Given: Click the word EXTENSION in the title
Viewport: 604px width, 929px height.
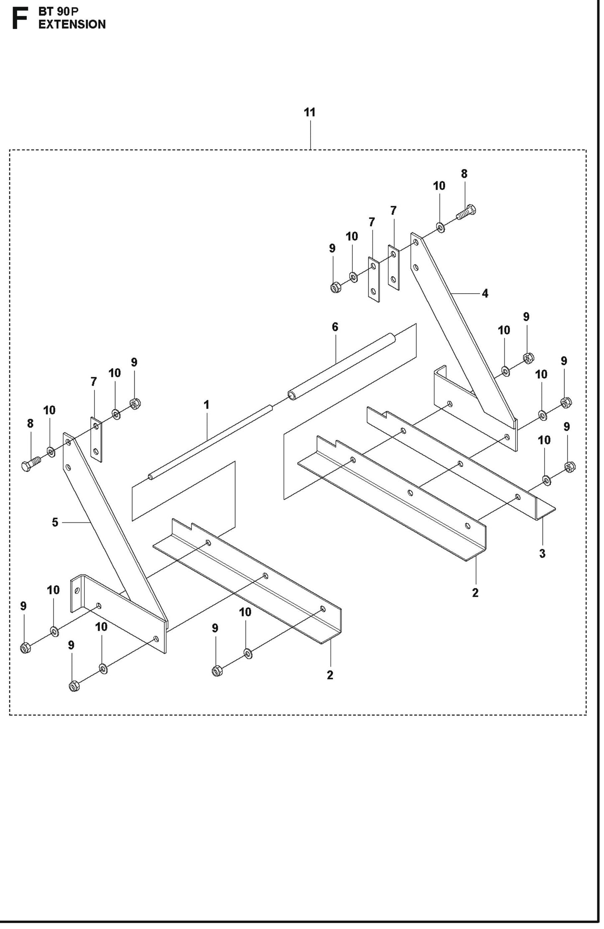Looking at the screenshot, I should pyautogui.click(x=72, y=25).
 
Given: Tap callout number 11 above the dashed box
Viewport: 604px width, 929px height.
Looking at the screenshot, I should pyautogui.click(x=309, y=113).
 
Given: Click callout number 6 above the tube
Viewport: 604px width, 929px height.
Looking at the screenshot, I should pyautogui.click(x=335, y=327).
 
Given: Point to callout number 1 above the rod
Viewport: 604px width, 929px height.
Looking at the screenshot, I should pyautogui.click(x=206, y=405).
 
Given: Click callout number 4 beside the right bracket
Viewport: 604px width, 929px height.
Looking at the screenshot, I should pyautogui.click(x=485, y=294).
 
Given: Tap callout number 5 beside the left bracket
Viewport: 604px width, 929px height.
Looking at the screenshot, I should pyautogui.click(x=55, y=522).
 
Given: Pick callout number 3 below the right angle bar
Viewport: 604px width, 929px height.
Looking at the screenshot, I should pyautogui.click(x=542, y=554).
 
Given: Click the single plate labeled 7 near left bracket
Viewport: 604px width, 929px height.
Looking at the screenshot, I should pyautogui.click(x=97, y=439).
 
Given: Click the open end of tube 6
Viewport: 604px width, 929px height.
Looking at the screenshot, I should pyautogui.click(x=291, y=395).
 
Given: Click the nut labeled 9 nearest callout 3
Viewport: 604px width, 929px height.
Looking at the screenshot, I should pyautogui.click(x=569, y=466).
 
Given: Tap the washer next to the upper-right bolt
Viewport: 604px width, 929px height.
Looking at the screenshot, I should pyautogui.click(x=441, y=227).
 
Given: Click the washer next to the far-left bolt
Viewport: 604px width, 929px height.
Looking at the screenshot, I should pyautogui.click(x=51, y=452).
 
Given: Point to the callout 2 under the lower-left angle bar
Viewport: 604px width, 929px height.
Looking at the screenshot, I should pyautogui.click(x=330, y=675).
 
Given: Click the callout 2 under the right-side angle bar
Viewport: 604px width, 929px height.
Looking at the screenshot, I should pyautogui.click(x=475, y=593).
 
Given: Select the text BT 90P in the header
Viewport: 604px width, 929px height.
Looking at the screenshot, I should pyautogui.click(x=59, y=12).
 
